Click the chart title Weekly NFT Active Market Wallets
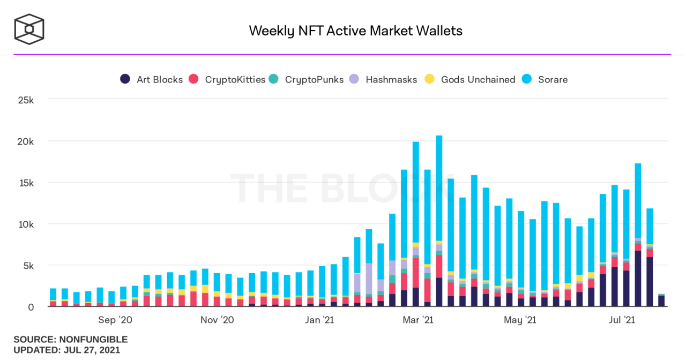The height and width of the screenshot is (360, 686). pos(355,31)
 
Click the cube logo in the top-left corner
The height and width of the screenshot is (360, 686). pos(29,29)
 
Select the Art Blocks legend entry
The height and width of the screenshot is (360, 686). pos(152,79)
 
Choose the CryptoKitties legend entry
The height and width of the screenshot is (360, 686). pos(229,79)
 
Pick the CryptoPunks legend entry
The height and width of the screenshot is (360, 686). pos(307,79)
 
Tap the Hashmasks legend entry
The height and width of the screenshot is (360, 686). pos(383,79)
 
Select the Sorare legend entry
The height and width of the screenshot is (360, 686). pos(546,79)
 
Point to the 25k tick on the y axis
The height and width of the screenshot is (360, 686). pos(25,100)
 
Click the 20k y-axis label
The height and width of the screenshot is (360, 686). pos(25,141)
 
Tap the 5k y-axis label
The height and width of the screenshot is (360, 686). pos(27,266)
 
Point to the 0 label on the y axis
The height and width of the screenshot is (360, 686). pos(31,307)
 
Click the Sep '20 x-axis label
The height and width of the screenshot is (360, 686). pos(115,320)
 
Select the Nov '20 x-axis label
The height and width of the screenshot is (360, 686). pos(217,320)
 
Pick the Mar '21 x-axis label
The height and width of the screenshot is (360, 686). pos(418,320)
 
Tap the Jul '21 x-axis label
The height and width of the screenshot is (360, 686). pos(622,320)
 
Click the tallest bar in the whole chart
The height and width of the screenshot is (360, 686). pos(439,214)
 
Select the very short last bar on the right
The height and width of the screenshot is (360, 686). pos(661,301)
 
